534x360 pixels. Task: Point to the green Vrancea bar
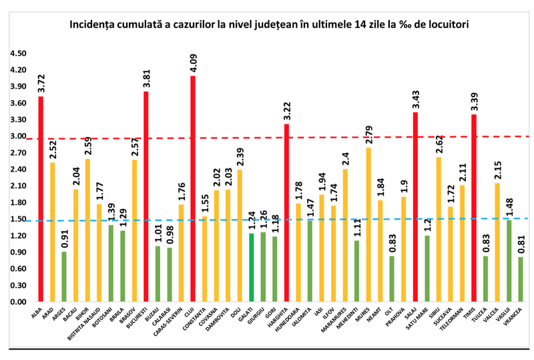tap(520, 279)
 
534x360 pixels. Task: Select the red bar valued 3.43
tap(415, 207)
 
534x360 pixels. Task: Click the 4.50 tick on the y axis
tap(18, 53)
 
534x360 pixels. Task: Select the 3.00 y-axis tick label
tap(18, 136)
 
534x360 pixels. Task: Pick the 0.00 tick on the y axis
tap(18, 302)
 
